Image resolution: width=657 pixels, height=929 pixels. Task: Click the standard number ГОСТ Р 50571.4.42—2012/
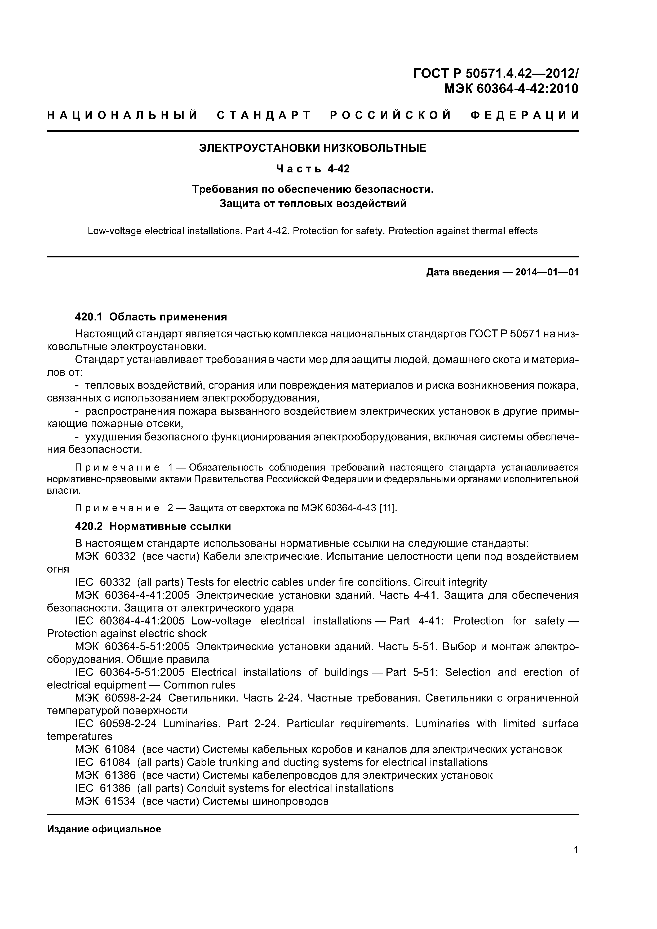point(496,73)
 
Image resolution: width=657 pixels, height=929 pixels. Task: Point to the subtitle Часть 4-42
point(313,168)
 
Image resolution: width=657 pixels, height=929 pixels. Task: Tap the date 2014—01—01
point(547,272)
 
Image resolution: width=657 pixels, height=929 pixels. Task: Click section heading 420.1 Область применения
point(151,316)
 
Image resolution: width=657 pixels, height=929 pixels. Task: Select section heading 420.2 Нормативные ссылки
point(153,526)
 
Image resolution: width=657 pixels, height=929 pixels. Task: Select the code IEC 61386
point(103,788)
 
